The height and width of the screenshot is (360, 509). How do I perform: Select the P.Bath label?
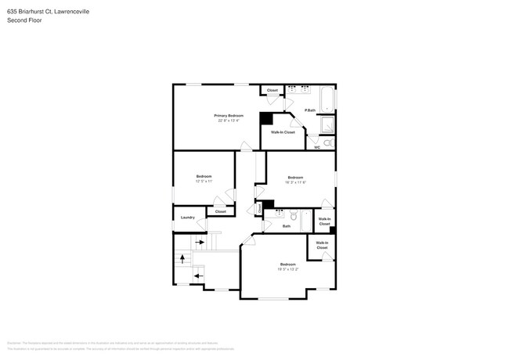coord(310,110)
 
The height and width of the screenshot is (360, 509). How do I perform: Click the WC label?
coord(317,147)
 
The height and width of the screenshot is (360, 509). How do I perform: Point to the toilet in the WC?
coord(330,143)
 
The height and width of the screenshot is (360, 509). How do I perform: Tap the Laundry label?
coord(187,218)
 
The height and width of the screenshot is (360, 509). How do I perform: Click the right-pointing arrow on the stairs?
coord(199,243)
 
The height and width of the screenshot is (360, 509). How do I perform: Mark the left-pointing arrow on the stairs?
coord(199,275)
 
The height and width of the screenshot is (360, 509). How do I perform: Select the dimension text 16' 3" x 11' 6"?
coord(295,182)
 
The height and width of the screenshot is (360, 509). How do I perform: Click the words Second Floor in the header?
coord(24,20)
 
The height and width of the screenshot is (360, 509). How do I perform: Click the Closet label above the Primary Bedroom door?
coord(273,91)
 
